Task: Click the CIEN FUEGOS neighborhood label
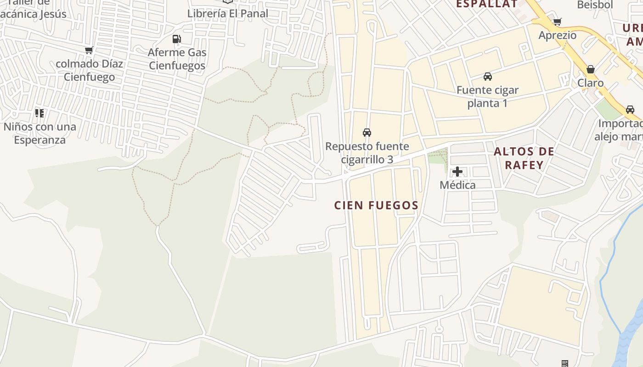point(376,206)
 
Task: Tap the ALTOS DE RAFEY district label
point(524,158)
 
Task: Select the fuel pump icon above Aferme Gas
point(176,39)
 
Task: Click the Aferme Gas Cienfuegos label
point(177,59)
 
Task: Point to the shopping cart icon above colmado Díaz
point(89,50)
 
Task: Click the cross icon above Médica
point(457,172)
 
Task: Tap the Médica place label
point(457,185)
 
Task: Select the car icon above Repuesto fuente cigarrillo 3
point(367,133)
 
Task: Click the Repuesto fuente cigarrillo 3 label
point(367,153)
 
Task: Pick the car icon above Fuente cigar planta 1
point(487,76)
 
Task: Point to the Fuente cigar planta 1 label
point(487,96)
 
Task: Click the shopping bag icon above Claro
point(590,70)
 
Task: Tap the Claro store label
point(590,83)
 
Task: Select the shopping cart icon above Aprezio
point(557,22)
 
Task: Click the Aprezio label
point(557,35)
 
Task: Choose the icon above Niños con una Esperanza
point(39,113)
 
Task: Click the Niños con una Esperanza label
point(39,133)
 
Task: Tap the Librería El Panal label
point(227,13)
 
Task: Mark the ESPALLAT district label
point(486,4)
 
